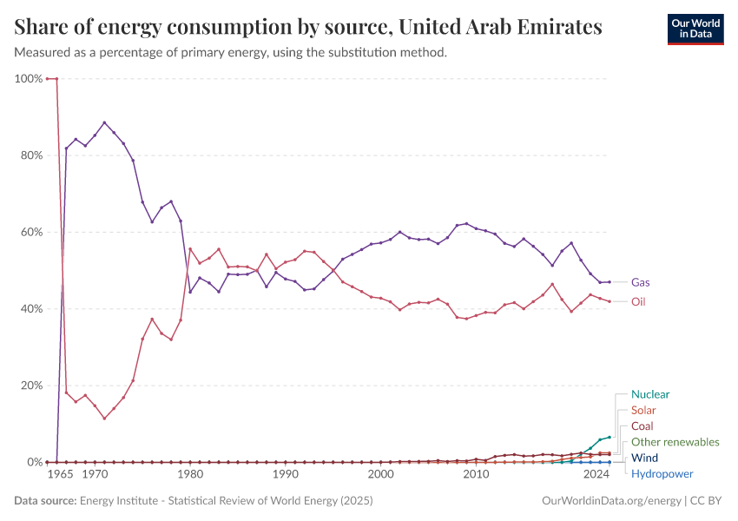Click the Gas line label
(641, 282)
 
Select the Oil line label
(639, 302)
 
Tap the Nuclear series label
(650, 394)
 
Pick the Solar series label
(643, 410)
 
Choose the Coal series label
(642, 426)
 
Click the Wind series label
(644, 458)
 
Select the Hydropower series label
(662, 474)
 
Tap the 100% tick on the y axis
(29, 79)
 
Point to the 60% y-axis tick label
(30, 232)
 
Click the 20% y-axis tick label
(30, 386)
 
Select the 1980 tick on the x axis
(190, 476)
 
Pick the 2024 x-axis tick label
(596, 476)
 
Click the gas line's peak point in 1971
(104, 122)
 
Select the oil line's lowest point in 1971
(104, 419)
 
